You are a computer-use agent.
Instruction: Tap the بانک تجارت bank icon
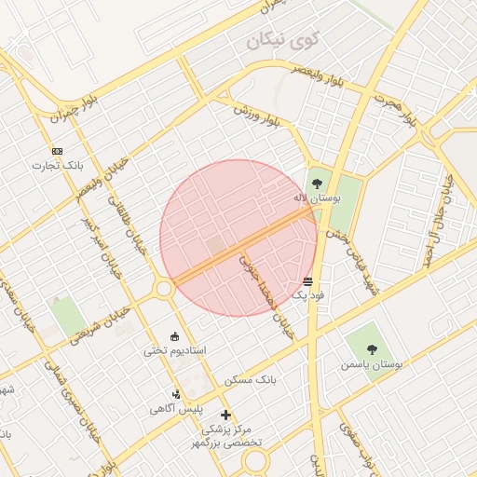[x=58, y=151]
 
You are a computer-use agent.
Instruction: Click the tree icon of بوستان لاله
[x=318, y=183]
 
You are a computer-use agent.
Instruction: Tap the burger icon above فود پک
[x=308, y=280]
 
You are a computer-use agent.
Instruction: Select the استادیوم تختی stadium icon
[x=175, y=336]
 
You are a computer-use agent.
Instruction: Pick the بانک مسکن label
[x=251, y=380]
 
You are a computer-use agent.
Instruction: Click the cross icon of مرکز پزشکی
[x=225, y=414]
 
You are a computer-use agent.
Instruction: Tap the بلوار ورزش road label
[x=258, y=113]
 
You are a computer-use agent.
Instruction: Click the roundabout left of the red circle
[x=164, y=290]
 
